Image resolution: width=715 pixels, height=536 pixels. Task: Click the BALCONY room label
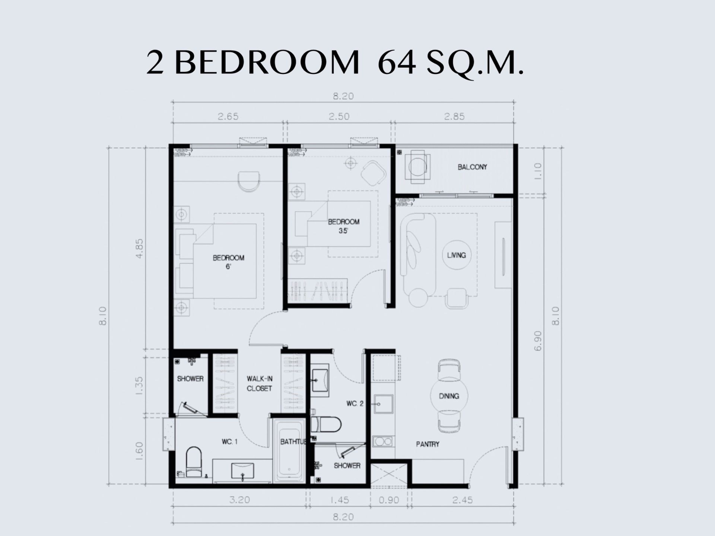472,167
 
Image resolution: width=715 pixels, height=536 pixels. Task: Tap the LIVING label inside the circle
456,255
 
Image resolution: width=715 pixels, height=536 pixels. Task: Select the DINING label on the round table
449,396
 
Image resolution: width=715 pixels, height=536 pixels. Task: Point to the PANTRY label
428,444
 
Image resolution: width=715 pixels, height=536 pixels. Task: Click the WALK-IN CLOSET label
259,383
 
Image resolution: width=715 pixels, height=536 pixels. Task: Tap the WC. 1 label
229,442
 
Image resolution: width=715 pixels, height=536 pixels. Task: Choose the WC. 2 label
355,403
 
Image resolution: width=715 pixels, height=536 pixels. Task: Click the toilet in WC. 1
193,462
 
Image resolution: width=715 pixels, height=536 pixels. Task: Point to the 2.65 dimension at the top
228,117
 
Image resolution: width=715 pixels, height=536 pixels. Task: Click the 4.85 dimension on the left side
139,249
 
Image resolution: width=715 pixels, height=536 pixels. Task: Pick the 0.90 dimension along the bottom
389,500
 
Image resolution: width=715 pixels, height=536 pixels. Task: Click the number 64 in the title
397,63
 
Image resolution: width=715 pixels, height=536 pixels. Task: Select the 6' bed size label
228,267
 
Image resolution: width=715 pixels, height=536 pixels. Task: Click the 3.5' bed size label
343,231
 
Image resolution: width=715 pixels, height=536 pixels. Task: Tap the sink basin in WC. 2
320,380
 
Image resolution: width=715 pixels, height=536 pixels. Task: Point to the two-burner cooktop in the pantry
383,441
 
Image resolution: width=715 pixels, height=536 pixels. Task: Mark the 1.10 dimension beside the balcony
538,171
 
